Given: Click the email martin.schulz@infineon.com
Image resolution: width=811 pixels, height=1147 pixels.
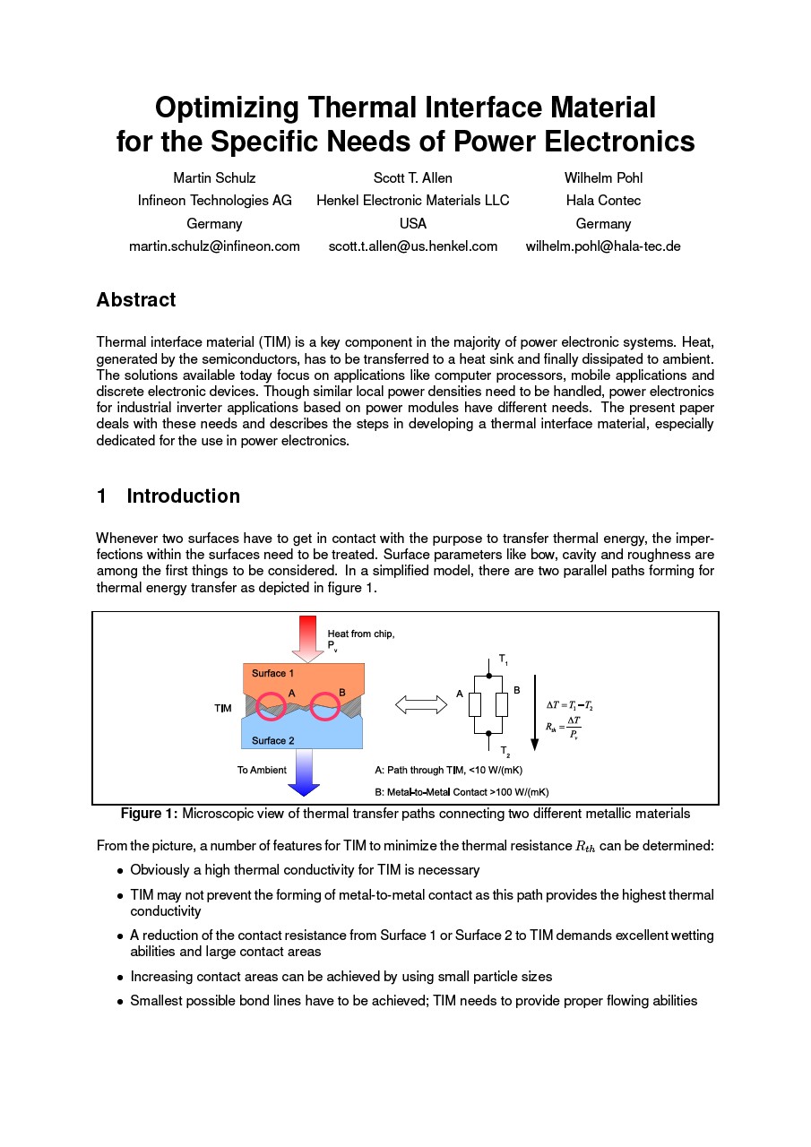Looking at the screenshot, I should [214, 246].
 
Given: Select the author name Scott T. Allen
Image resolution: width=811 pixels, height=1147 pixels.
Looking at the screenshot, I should [412, 178].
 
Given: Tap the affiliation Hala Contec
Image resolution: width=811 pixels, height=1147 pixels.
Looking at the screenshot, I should [603, 201].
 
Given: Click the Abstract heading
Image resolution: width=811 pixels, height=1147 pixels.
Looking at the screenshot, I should [136, 300].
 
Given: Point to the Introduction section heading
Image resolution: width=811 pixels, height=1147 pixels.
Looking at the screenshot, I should [183, 496].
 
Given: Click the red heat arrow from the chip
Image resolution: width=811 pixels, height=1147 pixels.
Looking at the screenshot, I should [307, 637].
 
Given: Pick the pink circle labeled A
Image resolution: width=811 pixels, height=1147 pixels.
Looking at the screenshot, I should [272, 706].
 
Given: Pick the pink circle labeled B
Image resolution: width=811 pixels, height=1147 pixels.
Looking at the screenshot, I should [324, 706].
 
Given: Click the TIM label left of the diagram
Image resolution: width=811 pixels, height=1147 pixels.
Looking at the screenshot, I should [223, 709].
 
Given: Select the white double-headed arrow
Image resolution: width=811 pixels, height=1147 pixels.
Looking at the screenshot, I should [421, 705].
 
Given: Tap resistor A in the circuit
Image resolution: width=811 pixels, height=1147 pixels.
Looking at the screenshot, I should [475, 704].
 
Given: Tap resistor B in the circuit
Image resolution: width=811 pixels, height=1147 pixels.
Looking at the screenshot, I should [502, 704].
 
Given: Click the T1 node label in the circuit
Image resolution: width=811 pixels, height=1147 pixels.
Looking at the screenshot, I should [504, 660].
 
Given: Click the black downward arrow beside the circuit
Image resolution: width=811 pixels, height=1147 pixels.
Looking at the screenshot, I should [534, 712].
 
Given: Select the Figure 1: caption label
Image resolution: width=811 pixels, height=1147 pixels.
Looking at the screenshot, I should [150, 814].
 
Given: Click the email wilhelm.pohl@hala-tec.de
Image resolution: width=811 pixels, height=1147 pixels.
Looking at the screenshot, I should [603, 246].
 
